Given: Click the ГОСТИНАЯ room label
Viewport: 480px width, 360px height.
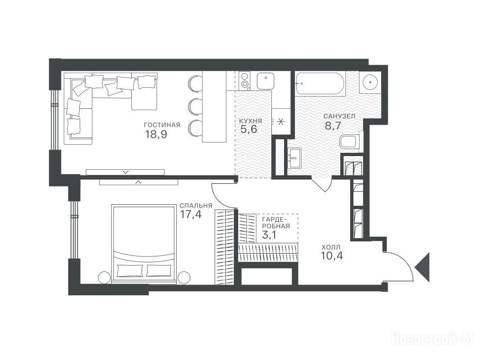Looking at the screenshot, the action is pyautogui.click(x=162, y=125).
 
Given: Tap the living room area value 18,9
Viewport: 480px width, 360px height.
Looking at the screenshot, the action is pyautogui.click(x=156, y=134).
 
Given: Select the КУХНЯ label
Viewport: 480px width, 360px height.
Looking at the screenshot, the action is pyautogui.click(x=250, y=121).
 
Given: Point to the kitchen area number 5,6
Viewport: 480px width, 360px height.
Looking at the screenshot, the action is pyautogui.click(x=248, y=129).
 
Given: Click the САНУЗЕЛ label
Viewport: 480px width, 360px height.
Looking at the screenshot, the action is pyautogui.click(x=339, y=116).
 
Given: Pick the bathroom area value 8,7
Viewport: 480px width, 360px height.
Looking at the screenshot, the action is pyautogui.click(x=333, y=126).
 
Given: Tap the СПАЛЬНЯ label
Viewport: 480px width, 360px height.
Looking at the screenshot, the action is pyautogui.click(x=196, y=206).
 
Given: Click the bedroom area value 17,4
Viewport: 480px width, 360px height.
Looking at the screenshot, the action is pyautogui.click(x=191, y=214).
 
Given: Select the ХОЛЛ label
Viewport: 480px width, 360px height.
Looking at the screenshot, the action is pyautogui.click(x=330, y=247).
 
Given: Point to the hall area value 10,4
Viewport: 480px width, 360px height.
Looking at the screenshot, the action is pyautogui.click(x=332, y=255).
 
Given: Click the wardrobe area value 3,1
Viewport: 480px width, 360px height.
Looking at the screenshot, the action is pyautogui.click(x=270, y=235).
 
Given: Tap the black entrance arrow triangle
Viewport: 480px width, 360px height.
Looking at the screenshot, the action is pyautogui.click(x=423, y=267).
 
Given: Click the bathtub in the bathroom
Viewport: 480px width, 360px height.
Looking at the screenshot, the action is pyautogui.click(x=320, y=82).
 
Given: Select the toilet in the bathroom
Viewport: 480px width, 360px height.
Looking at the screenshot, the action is pyautogui.click(x=350, y=142).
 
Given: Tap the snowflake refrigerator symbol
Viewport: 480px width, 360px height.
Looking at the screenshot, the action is pyautogui.click(x=280, y=121).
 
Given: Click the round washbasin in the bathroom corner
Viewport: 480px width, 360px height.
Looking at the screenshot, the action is pyautogui.click(x=370, y=82).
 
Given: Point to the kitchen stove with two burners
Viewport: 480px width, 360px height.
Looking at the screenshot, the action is pyautogui.click(x=244, y=80).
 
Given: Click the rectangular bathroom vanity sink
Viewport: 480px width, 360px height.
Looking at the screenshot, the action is pyautogui.click(x=294, y=158).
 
